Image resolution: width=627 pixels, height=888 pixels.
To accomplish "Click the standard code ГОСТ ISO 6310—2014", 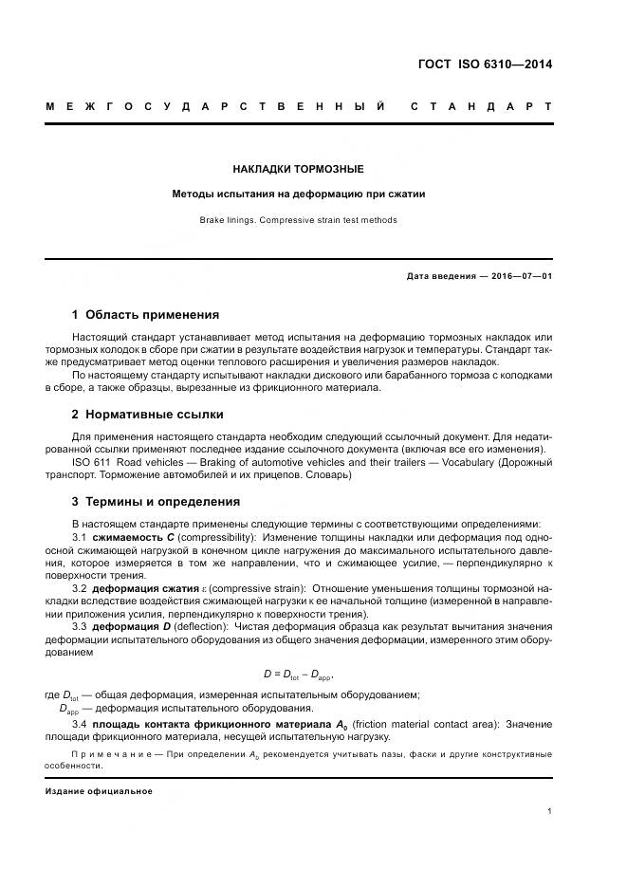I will [486, 65].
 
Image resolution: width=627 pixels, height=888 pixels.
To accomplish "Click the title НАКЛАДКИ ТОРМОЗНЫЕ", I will [298, 169].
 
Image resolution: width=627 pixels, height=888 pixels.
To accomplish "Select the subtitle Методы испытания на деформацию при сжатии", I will [298, 194].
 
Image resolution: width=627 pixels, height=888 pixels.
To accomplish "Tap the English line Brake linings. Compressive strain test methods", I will [298, 220].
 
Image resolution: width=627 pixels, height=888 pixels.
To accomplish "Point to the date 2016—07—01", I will [520, 276].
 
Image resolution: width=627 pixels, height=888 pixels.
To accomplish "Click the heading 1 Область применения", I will [145, 314].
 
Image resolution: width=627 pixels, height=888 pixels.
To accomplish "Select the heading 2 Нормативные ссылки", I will [148, 415].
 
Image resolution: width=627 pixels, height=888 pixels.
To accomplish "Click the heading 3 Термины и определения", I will [156, 501].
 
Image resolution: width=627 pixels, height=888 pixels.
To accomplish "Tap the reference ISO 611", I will [91, 462].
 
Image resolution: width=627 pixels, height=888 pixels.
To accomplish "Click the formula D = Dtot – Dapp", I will [298, 674].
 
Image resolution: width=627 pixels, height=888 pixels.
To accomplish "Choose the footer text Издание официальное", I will [99, 790].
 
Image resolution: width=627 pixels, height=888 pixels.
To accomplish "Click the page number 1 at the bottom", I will [550, 811].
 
